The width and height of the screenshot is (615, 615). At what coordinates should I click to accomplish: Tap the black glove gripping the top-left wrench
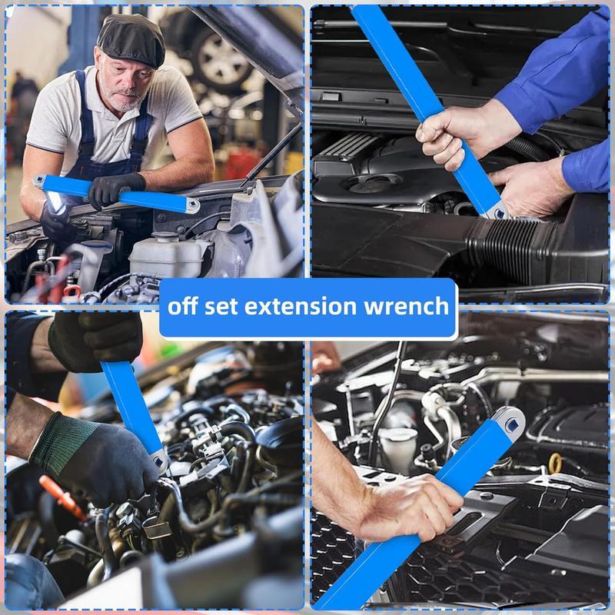point(115,188)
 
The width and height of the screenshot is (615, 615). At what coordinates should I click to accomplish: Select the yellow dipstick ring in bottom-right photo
point(554,462)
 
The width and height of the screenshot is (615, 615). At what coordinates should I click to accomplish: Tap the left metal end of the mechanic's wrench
point(42,181)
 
